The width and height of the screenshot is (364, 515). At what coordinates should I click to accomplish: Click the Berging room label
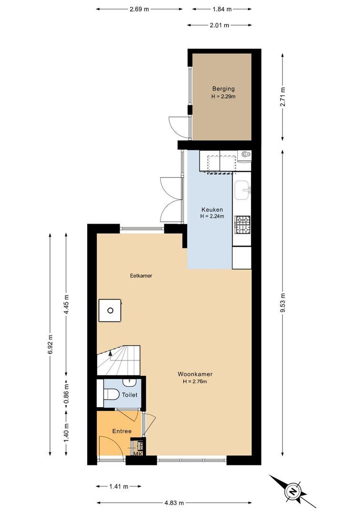pyautogui.click(x=223, y=88)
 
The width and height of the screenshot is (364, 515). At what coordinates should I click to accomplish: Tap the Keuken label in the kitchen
pyautogui.click(x=212, y=209)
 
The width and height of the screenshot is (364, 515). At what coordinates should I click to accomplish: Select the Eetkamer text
pyautogui.click(x=141, y=276)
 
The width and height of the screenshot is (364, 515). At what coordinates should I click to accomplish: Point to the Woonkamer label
pyautogui.click(x=195, y=374)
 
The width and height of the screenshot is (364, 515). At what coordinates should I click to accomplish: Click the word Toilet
pyautogui.click(x=130, y=395)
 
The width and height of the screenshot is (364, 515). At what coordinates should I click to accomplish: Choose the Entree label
pyautogui.click(x=122, y=431)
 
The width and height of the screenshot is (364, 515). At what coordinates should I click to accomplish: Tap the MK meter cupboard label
pyautogui.click(x=138, y=453)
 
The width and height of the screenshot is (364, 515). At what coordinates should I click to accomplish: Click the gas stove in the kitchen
pyautogui.click(x=242, y=224)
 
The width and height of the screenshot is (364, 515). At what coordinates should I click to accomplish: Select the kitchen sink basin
pyautogui.click(x=243, y=190)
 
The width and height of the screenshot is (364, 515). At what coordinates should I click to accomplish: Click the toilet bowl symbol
pyautogui.click(x=111, y=394)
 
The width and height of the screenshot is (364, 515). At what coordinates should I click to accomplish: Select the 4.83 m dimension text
pyautogui.click(x=174, y=503)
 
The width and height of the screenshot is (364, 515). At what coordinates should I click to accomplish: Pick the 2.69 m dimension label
pyautogui.click(x=139, y=9)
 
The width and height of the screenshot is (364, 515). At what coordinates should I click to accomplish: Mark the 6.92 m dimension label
pyautogui.click(x=50, y=345)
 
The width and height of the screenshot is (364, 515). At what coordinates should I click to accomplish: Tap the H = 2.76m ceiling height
pyautogui.click(x=195, y=381)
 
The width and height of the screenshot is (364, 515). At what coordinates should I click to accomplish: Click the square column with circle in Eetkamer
pyautogui.click(x=110, y=310)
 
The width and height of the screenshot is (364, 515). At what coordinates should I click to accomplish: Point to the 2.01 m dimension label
pyautogui.click(x=220, y=25)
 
